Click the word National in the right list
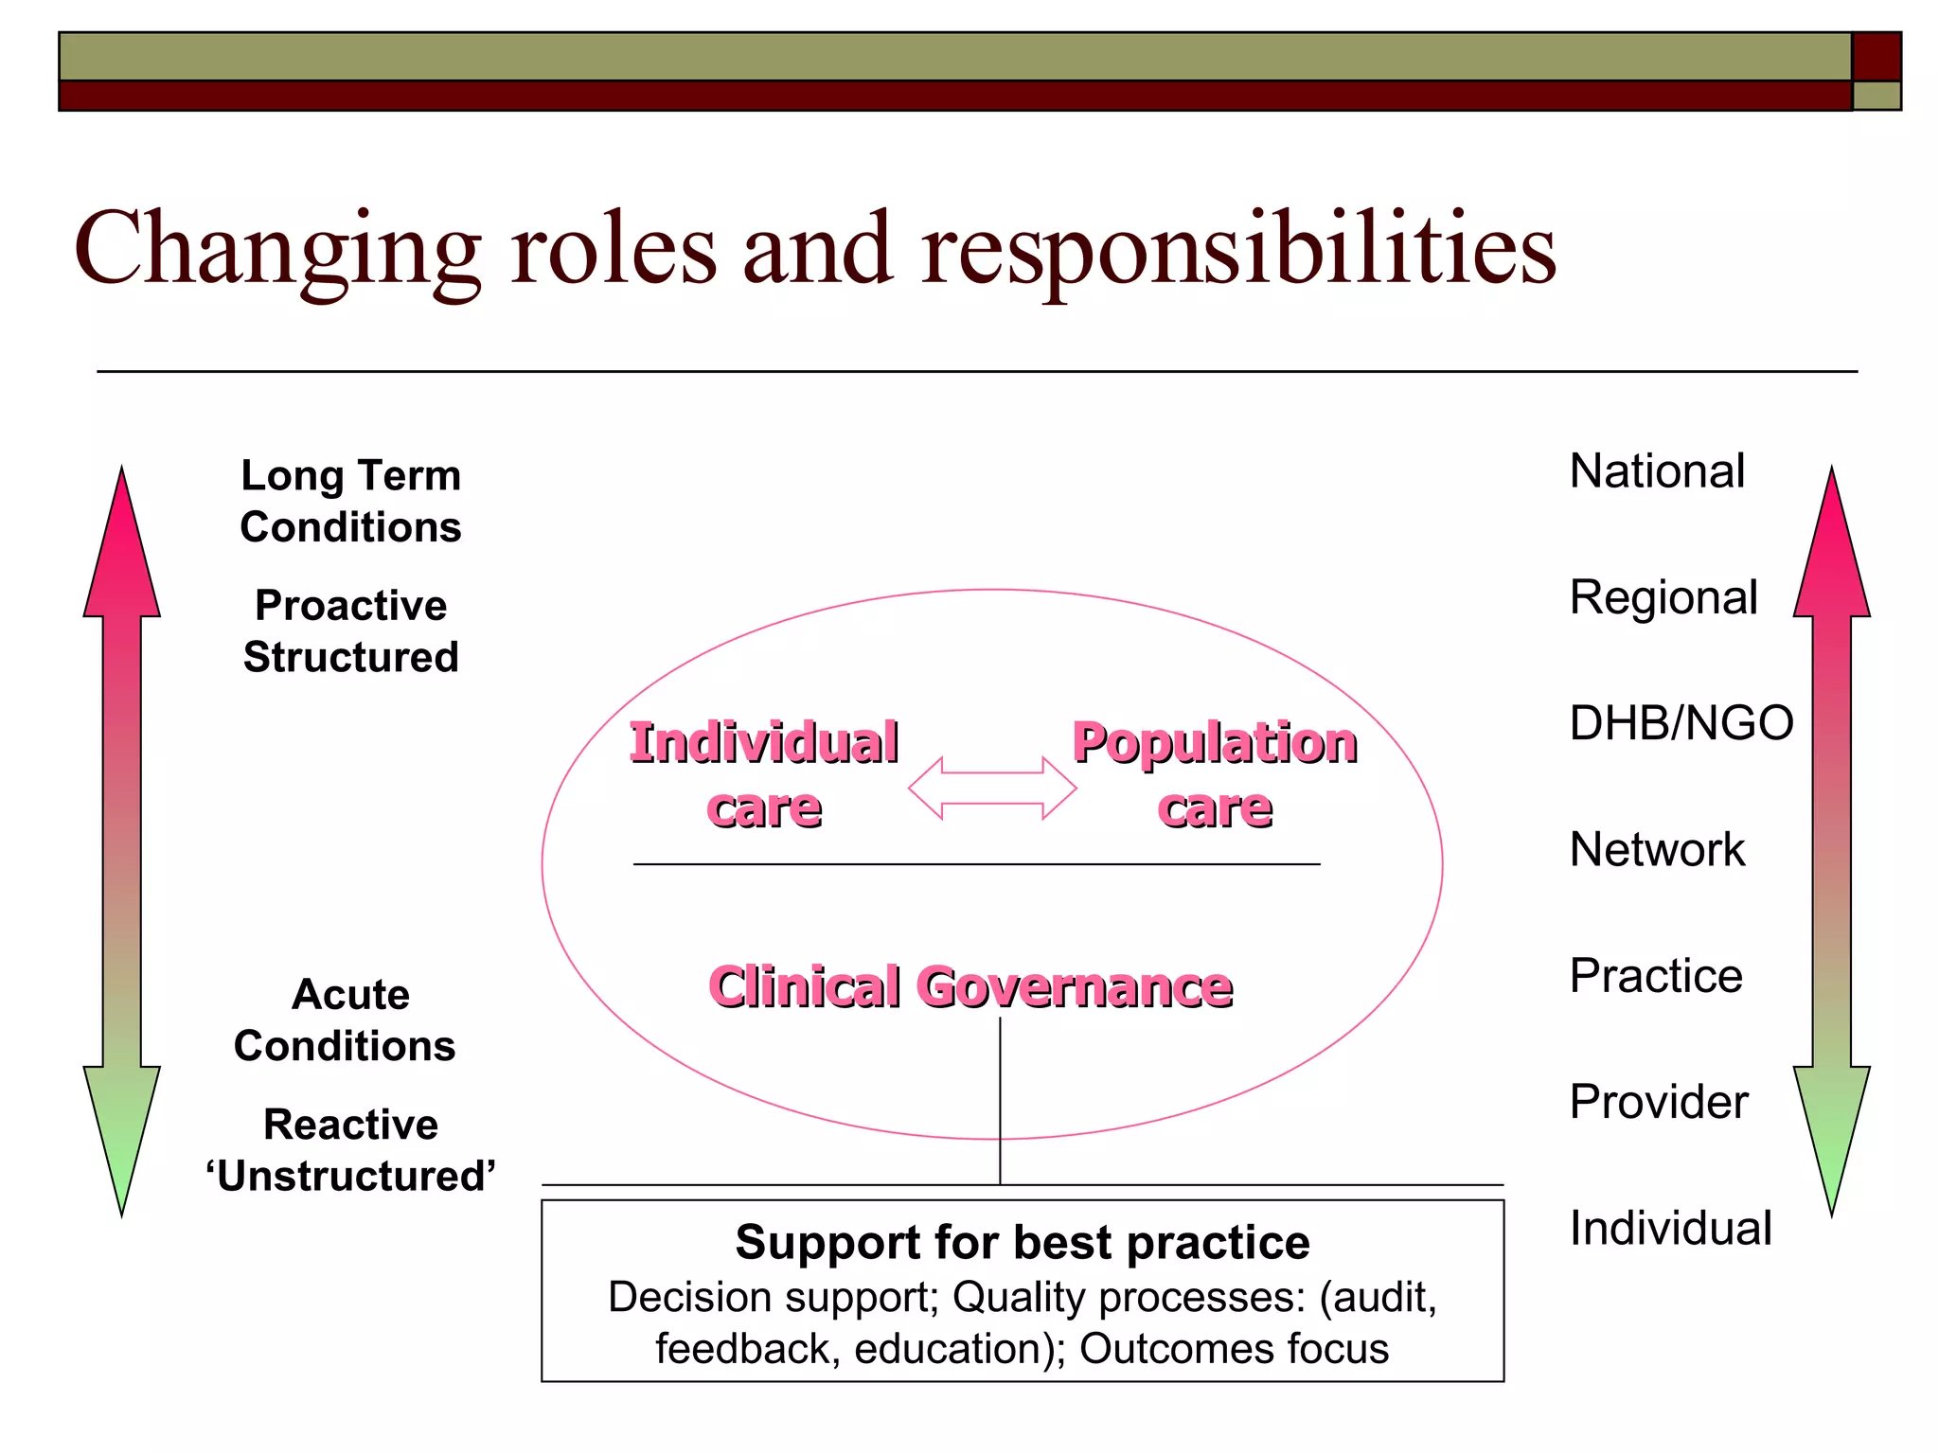1657,470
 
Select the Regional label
1663,597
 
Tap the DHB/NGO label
1681,723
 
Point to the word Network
1657,849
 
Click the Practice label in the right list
1656,976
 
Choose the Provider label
1659,1102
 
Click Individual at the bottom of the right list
1670,1228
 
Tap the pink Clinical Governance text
970,987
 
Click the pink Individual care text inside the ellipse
764,774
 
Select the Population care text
1215,774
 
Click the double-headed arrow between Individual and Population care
992,788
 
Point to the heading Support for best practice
1023,1242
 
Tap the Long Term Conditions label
350,501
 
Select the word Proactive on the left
350,606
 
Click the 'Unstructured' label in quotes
350,1177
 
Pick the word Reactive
350,1125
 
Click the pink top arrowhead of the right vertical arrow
1831,549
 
